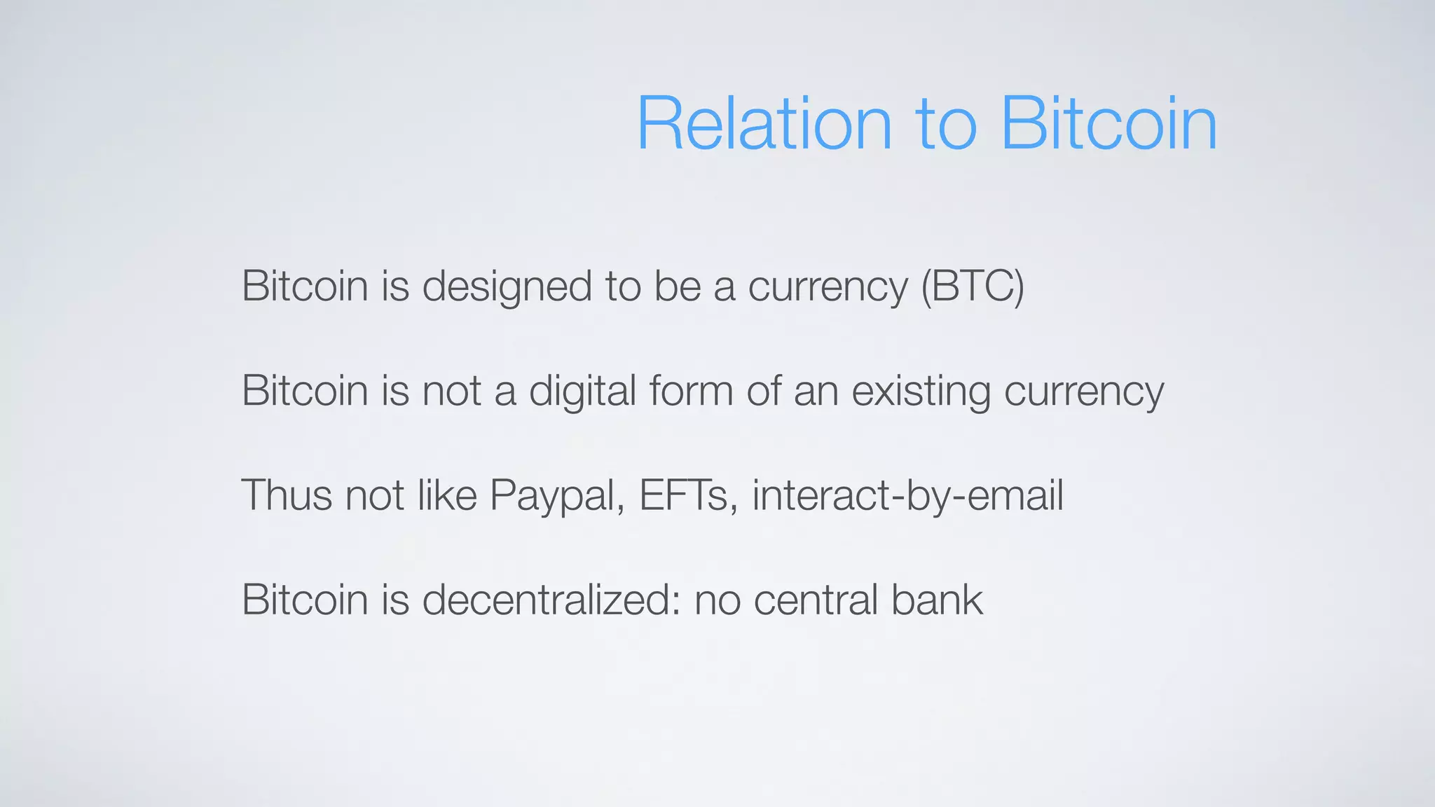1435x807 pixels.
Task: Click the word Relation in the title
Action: pos(764,125)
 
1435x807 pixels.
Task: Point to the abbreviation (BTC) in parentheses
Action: pos(973,287)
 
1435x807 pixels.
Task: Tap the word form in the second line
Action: pos(691,391)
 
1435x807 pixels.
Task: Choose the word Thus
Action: pos(287,495)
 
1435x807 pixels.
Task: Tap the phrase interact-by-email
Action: pos(908,495)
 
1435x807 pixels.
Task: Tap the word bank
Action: pos(938,600)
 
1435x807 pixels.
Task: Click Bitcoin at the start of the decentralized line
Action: pos(305,600)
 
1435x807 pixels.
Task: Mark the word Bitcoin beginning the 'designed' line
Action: pos(305,287)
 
